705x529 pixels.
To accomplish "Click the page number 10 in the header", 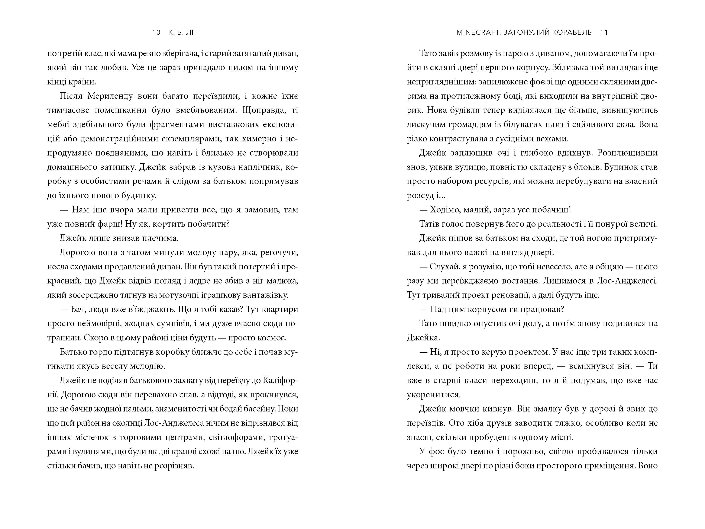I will click(x=156, y=32).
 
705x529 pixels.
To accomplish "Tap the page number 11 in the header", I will click(x=604, y=32).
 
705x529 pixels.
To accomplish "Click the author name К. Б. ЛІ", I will click(x=181, y=32).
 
